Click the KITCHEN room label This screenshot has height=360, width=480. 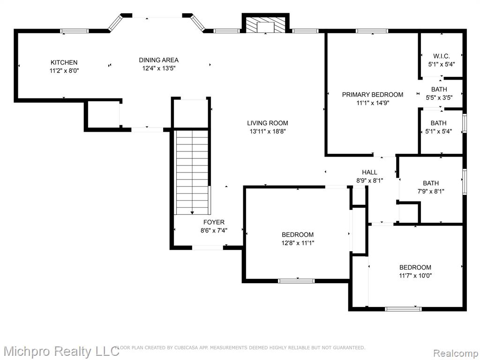[x=64, y=62]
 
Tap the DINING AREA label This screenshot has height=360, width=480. [x=158, y=60]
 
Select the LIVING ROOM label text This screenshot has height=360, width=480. [x=268, y=123]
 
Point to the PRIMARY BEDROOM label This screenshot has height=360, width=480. [x=373, y=95]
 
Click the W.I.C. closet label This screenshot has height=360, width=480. [x=442, y=56]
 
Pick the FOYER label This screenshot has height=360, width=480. [x=214, y=222]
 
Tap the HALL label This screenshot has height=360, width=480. [x=369, y=172]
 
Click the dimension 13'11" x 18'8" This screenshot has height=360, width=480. [x=268, y=132]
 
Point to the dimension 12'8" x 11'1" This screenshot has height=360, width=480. [x=298, y=243]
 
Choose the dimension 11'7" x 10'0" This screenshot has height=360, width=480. [x=415, y=276]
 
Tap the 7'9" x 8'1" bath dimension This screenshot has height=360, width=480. [x=431, y=192]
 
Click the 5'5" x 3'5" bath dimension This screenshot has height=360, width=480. [x=439, y=97]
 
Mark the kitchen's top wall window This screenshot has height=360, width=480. [x=74, y=31]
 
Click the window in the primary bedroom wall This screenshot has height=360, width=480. [x=372, y=31]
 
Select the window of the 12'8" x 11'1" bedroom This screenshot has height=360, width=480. [x=296, y=281]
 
